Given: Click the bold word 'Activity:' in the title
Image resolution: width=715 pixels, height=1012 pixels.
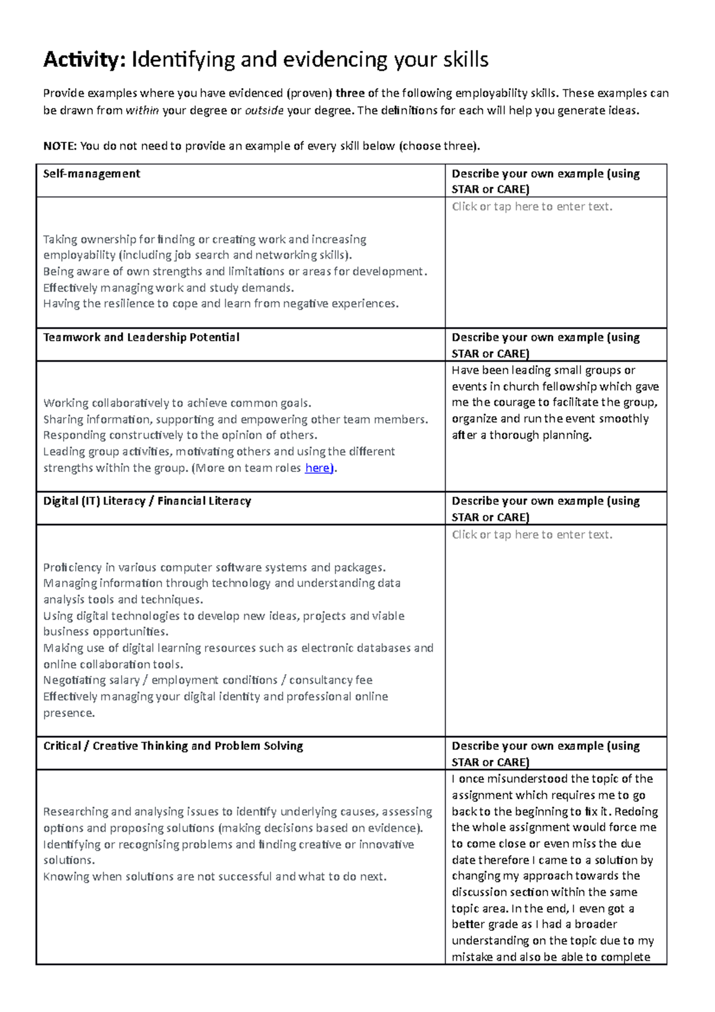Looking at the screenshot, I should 84,60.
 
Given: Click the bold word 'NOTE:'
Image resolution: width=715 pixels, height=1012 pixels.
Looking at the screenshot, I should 60,146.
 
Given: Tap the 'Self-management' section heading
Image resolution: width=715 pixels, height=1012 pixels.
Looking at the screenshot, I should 91,174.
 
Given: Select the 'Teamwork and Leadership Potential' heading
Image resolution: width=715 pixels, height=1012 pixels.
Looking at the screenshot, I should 141,337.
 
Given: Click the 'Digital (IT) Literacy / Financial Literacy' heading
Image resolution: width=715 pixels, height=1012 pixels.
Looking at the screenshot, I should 147,501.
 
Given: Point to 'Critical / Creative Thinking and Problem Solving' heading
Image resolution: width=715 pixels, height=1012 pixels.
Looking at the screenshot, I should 173,746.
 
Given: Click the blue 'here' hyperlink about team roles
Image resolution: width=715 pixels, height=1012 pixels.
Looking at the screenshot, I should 317,468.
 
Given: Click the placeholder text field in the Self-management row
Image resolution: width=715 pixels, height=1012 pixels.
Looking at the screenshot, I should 531,207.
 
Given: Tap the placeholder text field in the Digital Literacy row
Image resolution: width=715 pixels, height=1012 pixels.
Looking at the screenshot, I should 531,535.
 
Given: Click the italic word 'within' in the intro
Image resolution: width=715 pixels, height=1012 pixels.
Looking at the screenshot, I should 142,110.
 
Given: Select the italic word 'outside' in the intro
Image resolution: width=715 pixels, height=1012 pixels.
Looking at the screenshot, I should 264,110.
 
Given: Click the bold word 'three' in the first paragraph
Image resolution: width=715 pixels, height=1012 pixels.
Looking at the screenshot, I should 350,93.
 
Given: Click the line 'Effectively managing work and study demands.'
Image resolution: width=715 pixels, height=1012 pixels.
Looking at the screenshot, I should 169,288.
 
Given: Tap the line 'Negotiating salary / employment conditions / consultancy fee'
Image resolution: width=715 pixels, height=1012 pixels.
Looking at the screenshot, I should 207,680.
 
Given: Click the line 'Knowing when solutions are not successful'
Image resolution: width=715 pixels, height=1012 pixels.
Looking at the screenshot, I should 214,877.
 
